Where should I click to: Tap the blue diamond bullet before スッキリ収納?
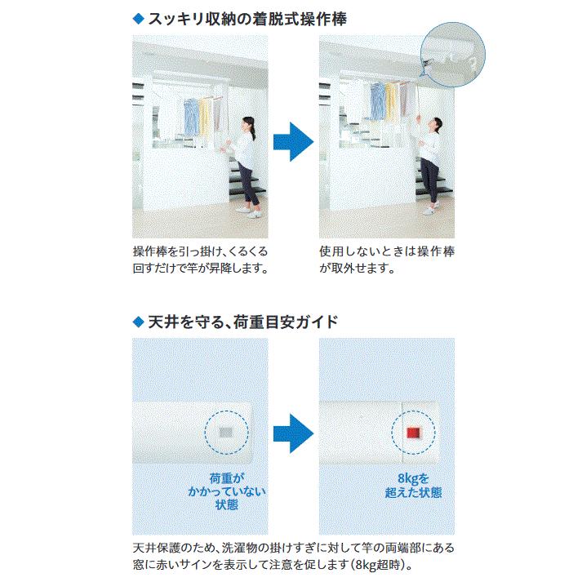(x=137, y=17)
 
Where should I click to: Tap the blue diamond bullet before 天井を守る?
(x=137, y=320)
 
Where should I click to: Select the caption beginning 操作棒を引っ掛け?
(x=199, y=260)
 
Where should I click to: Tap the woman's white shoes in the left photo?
(x=249, y=210)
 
